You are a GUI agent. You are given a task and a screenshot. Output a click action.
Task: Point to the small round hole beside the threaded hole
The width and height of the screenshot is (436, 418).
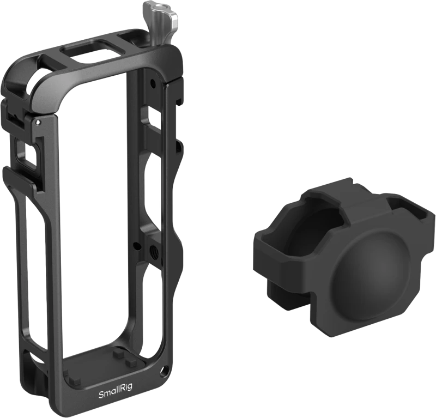tap(135, 246)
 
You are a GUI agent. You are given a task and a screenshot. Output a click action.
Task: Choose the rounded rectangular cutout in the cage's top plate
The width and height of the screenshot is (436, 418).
tap(89, 50)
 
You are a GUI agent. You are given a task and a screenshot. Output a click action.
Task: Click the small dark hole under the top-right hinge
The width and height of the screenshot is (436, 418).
tap(152, 82)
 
